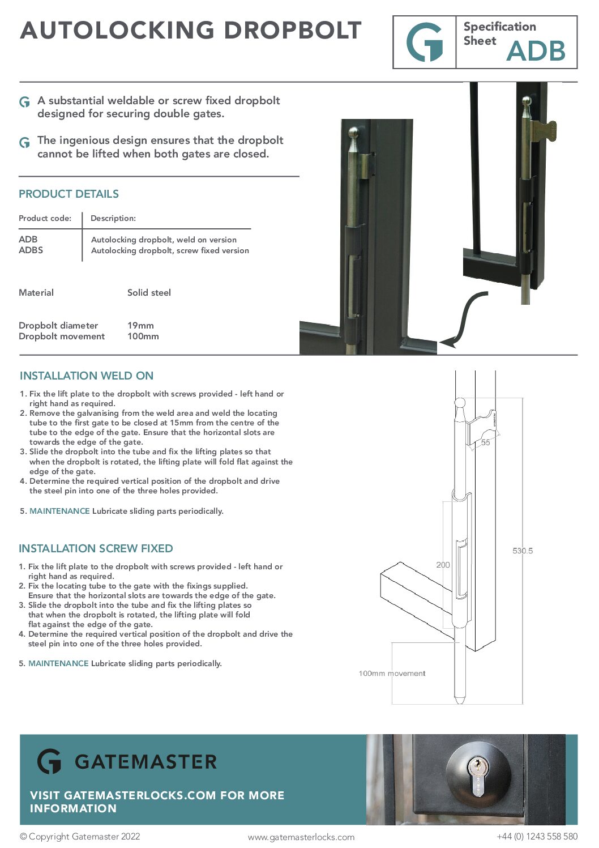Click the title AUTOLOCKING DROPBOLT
[191, 31]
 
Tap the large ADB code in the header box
[536, 51]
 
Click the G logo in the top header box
[425, 42]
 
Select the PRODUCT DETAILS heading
[69, 194]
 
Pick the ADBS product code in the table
[31, 250]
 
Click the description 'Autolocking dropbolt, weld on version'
[164, 240]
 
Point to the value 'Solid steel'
[149, 292]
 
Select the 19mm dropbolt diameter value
[140, 325]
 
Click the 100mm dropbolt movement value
[143, 336]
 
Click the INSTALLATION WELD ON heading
[87, 376]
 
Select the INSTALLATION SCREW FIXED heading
[96, 548]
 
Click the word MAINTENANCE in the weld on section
[59, 511]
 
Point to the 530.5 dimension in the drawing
[523, 551]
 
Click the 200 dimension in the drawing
[443, 565]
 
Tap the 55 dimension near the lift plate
[486, 442]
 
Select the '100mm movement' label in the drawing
[392, 674]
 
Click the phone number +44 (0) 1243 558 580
[537, 836]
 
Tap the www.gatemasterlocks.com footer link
[301, 837]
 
